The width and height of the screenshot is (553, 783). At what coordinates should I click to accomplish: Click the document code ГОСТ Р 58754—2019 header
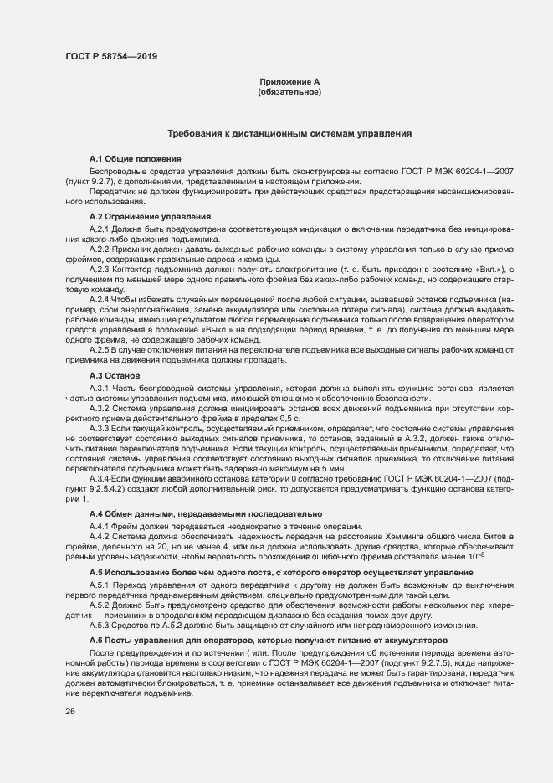click(110, 56)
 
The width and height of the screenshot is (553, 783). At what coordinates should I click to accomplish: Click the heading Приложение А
click(289, 82)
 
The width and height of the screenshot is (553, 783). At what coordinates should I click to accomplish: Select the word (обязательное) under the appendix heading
click(289, 92)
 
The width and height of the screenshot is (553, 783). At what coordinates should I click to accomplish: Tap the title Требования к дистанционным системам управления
click(289, 134)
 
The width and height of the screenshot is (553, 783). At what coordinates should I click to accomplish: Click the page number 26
click(70, 712)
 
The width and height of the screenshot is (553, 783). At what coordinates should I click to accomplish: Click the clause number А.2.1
click(100, 229)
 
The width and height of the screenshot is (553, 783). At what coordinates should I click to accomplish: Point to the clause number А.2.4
click(100, 299)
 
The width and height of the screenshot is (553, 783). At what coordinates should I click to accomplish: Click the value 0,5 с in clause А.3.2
click(289, 417)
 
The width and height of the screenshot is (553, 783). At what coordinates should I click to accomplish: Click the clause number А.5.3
click(100, 625)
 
